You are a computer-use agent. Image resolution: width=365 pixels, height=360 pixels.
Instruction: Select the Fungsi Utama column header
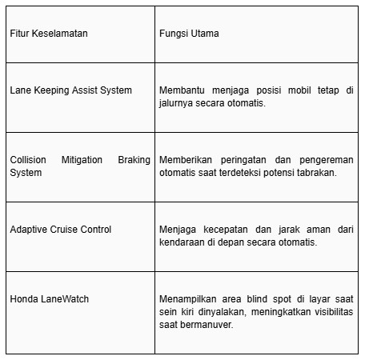tap(189, 34)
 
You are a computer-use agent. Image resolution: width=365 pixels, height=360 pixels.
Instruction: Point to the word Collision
tap(28, 160)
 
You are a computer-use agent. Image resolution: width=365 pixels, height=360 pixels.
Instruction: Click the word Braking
tap(134, 160)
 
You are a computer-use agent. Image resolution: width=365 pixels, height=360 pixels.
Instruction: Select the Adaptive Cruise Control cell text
tap(61, 230)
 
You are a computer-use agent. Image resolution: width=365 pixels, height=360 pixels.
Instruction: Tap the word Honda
tap(24, 299)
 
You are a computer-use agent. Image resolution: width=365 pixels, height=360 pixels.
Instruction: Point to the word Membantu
tap(183, 90)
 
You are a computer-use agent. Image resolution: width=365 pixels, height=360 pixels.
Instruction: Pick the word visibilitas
tap(330, 312)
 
